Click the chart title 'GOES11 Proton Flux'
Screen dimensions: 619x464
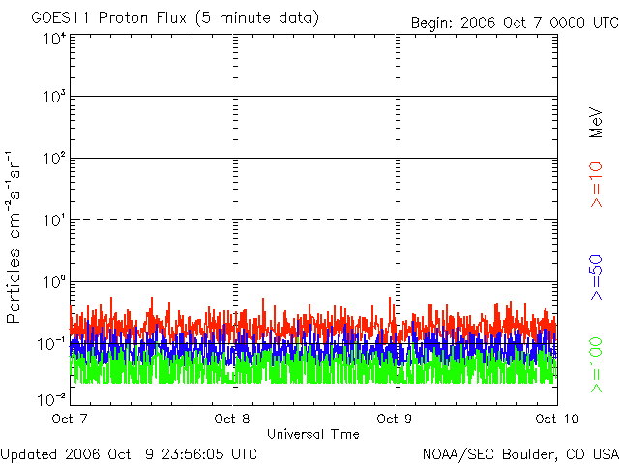click(109, 17)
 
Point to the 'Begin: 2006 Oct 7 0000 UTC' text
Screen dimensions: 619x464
click(515, 23)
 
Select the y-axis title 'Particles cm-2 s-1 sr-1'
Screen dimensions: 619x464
click(13, 237)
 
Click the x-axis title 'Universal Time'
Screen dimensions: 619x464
click(313, 434)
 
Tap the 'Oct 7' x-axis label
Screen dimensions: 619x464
click(70, 419)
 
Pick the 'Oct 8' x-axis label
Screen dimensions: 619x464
click(232, 419)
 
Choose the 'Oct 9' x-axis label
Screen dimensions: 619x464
click(395, 419)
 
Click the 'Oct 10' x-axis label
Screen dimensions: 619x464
click(557, 419)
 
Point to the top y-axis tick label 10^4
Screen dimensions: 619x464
click(54, 40)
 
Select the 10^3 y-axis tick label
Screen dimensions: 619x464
click(54, 97)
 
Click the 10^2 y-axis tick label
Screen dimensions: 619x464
click(54, 159)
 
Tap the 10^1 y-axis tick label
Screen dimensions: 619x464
click(54, 220)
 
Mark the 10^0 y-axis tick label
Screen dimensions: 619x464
click(54, 282)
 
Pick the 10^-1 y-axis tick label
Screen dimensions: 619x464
click(51, 344)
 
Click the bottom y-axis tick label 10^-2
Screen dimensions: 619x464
click(51, 400)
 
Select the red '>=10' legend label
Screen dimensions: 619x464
click(596, 185)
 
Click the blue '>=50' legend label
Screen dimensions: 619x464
click(596, 277)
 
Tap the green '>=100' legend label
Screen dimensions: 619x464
click(596, 365)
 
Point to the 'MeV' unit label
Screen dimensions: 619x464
click(596, 123)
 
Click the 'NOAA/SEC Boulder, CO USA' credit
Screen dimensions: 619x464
click(520, 454)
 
